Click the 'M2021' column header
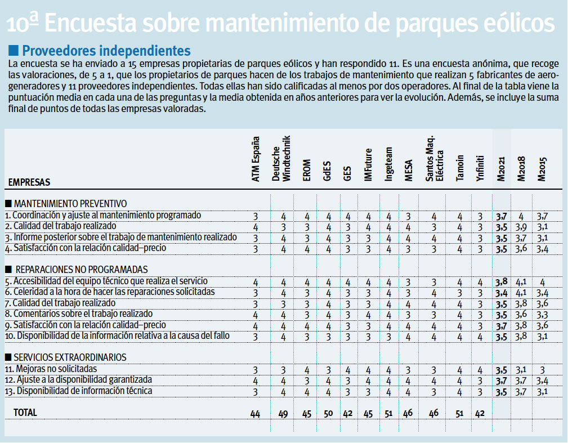(x=500, y=169)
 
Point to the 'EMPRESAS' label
(x=29, y=182)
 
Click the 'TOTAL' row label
(x=25, y=413)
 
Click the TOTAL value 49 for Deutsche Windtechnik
(x=283, y=414)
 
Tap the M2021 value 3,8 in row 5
(x=500, y=281)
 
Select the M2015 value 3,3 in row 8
(x=542, y=314)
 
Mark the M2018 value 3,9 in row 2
(x=521, y=227)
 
